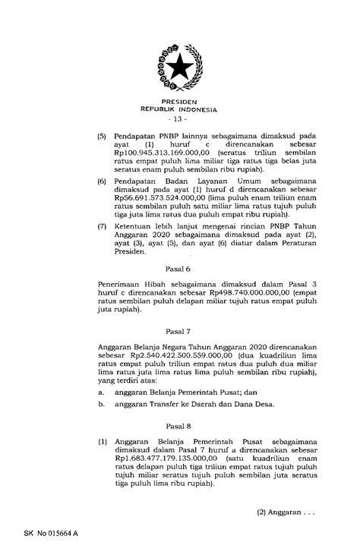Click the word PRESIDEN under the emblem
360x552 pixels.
coord(179,101)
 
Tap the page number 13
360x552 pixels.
coord(179,120)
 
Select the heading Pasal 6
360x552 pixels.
coord(179,268)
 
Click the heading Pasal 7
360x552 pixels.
coord(179,332)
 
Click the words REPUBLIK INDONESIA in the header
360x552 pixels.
coord(179,109)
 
